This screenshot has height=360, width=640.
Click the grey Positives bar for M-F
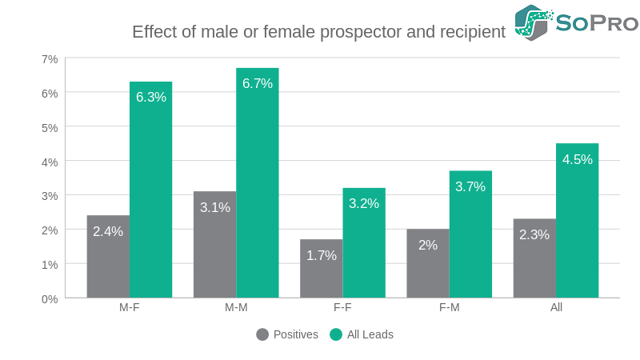click(x=108, y=256)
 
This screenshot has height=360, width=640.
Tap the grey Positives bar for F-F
click(x=321, y=268)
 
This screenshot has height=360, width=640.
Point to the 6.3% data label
click(x=151, y=98)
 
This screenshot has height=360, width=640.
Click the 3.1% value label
click(x=215, y=208)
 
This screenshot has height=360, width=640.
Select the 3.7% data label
click(x=470, y=187)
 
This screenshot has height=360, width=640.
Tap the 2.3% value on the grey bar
click(x=534, y=235)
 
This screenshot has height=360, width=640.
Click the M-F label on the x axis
click(x=130, y=308)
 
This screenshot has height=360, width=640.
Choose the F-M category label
click(x=449, y=308)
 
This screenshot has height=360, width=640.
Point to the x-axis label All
click(x=556, y=308)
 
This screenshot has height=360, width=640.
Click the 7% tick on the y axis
click(x=50, y=59)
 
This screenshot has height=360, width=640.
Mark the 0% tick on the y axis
click(x=50, y=298)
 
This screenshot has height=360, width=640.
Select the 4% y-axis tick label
click(x=50, y=162)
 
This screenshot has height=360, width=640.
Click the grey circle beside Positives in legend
click(x=262, y=334)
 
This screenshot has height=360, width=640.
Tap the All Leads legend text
click(x=370, y=334)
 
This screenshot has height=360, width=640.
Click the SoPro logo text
click(x=597, y=23)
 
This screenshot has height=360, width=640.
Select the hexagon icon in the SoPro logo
click(x=533, y=22)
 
